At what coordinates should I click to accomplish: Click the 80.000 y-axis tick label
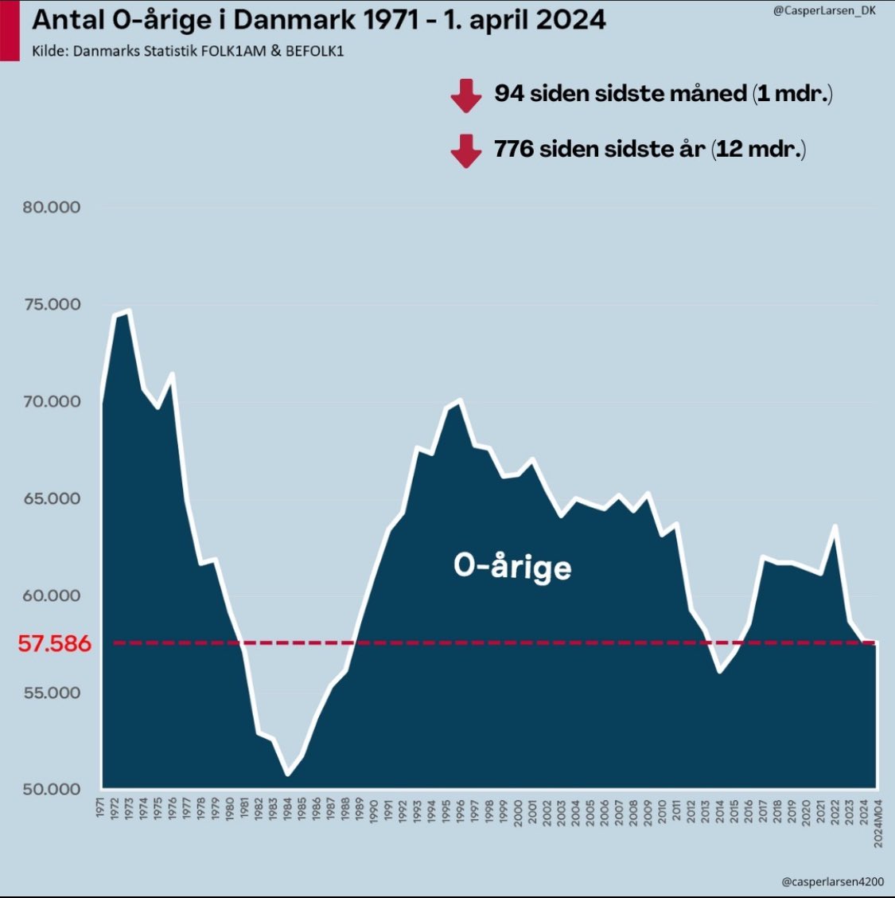(51, 207)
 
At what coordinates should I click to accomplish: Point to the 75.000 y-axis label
(51, 304)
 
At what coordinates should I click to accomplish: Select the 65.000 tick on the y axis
(51, 498)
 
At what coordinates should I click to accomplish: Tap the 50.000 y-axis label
(51, 789)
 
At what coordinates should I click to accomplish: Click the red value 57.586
(54, 643)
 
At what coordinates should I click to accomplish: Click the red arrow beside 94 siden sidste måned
(465, 96)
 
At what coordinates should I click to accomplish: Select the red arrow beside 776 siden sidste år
(465, 150)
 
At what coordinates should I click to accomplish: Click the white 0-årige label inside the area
(512, 566)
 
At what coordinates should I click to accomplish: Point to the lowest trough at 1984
(287, 775)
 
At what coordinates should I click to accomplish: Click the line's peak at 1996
(460, 400)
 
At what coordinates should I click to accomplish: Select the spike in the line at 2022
(835, 525)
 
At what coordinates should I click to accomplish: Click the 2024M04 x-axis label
(878, 822)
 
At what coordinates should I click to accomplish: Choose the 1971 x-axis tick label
(101, 807)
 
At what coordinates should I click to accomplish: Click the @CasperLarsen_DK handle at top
(824, 11)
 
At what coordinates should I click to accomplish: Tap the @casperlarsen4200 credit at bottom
(832, 881)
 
